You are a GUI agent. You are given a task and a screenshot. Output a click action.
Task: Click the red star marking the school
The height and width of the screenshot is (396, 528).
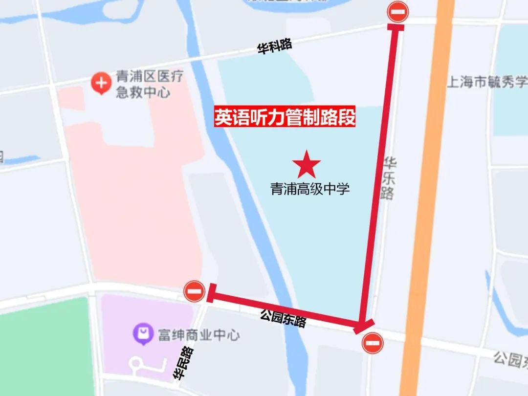[308, 165]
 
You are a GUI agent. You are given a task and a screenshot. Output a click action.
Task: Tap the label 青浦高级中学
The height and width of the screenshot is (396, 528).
[310, 189]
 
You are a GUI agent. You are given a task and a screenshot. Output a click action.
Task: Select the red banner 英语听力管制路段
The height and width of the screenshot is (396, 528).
[285, 118]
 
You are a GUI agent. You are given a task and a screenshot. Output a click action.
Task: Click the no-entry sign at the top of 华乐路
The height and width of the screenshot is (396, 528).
[398, 12]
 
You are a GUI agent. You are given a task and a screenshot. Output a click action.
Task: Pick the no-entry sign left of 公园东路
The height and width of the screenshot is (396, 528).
[195, 292]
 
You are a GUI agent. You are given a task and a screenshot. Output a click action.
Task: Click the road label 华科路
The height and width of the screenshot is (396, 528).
[274, 47]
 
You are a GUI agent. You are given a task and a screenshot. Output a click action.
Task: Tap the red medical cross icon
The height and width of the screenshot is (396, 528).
[101, 84]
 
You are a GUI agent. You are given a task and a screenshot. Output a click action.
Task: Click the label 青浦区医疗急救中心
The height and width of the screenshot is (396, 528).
[142, 84]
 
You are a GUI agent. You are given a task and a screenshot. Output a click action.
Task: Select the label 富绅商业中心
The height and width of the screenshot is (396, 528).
[198, 335]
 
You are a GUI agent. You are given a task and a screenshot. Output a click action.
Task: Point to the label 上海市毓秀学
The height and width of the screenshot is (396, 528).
[487, 82]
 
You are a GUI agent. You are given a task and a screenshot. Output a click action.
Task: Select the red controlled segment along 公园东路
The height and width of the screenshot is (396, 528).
[284, 308]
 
